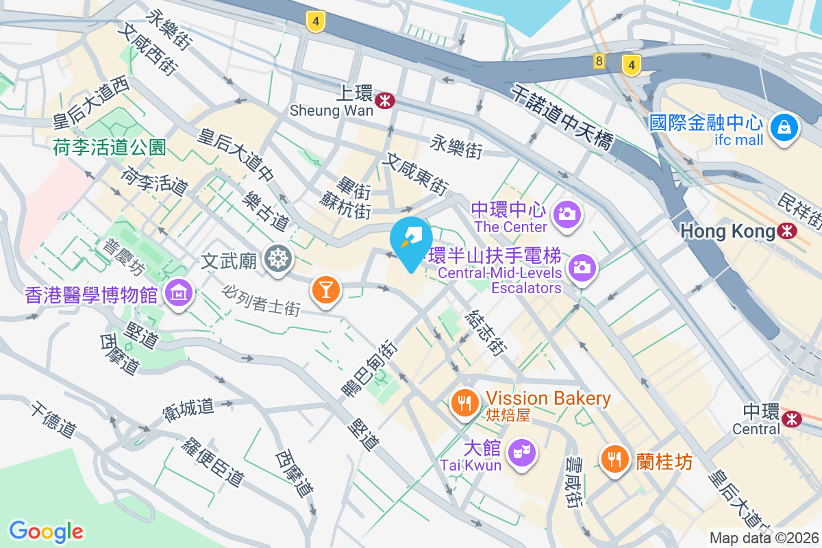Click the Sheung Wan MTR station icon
click(385, 101)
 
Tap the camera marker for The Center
click(566, 214)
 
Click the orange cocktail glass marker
click(325, 290)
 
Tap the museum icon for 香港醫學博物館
click(179, 293)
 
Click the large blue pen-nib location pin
click(411, 241)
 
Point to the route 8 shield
click(599, 62)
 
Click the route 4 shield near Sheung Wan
click(315, 22)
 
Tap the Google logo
click(46, 531)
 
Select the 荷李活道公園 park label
click(110, 146)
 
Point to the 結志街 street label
click(486, 333)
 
